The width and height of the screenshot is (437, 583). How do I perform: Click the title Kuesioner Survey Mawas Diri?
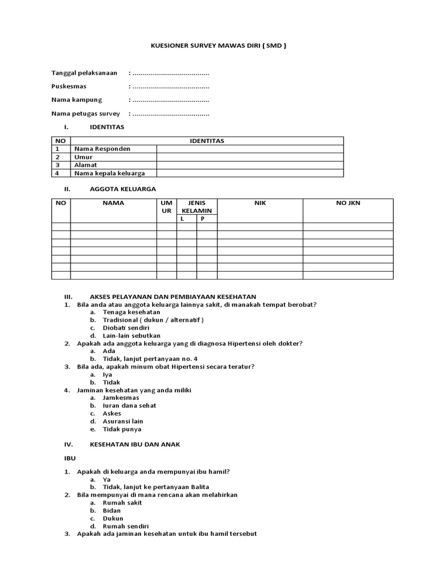pos(218,46)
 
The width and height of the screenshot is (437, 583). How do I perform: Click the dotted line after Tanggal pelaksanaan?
pos(170,73)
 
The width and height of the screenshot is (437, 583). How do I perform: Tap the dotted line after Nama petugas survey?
pos(170,114)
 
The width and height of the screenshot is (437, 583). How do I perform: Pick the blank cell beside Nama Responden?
pos(250,149)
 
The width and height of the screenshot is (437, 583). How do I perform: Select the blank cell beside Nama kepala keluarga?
pos(250,173)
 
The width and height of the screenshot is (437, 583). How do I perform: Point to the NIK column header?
pos(260,203)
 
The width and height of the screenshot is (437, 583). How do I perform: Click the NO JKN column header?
pos(347,203)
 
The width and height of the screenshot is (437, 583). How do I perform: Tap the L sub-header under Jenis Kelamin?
pos(183,219)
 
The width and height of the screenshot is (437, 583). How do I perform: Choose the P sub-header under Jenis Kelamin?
pos(202,219)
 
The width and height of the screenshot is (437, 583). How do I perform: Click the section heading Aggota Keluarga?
pos(122,188)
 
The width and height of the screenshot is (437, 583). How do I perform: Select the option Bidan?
pos(112,511)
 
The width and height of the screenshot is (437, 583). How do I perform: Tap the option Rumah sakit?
pos(122,503)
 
